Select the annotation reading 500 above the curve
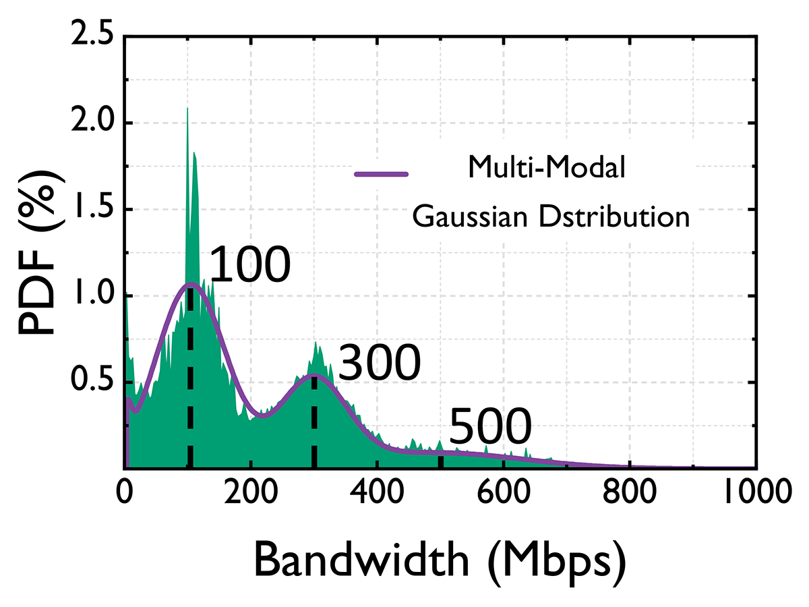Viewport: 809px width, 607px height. pyautogui.click(x=490, y=428)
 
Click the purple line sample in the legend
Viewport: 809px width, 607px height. pyautogui.click(x=382, y=174)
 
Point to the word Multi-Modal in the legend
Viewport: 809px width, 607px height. pyautogui.click(x=546, y=169)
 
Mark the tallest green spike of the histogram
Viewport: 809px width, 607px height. pyautogui.click(x=187, y=111)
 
